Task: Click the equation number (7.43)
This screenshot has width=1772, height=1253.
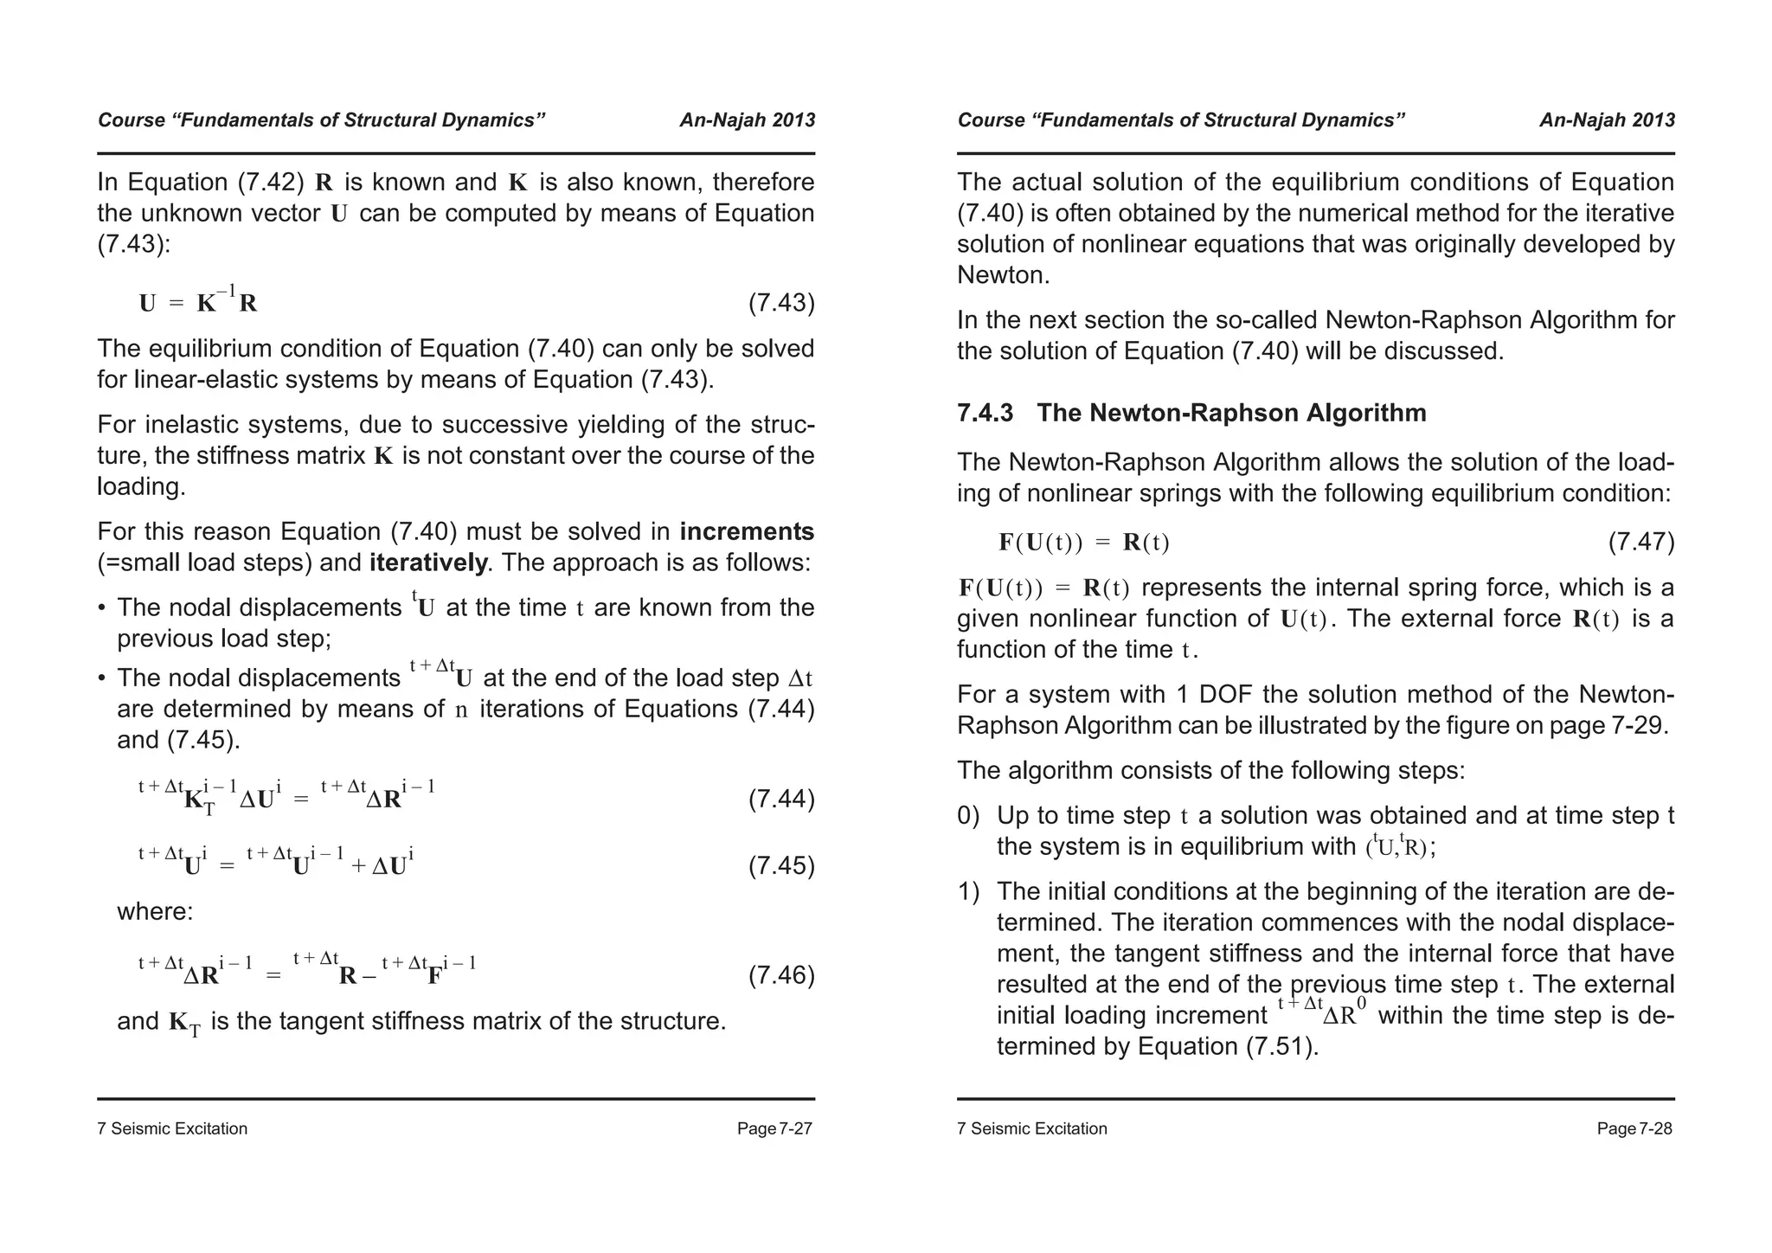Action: [780, 303]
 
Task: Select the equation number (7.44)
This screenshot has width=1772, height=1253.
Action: [780, 799]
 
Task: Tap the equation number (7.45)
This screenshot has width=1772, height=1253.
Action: [780, 865]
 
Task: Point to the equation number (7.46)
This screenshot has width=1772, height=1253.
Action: [780, 975]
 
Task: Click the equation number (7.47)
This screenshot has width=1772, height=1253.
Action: [1640, 543]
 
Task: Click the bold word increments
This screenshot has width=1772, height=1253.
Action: [747, 530]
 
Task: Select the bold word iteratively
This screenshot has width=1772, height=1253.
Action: [427, 562]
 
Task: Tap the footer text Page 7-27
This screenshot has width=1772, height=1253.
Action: [774, 1128]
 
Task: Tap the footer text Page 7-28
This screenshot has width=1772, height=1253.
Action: [1634, 1128]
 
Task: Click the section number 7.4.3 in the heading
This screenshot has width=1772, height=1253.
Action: [985, 413]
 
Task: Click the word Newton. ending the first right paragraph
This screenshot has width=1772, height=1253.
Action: [1003, 275]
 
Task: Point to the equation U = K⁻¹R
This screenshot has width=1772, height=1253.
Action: [198, 303]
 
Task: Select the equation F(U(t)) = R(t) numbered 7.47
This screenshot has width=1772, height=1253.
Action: [1083, 543]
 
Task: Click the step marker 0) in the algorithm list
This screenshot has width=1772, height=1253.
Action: [968, 815]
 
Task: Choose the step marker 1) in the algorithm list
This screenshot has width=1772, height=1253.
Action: [968, 890]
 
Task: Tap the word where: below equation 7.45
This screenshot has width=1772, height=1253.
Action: [155, 911]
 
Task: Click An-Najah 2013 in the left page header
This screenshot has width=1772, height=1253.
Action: [747, 120]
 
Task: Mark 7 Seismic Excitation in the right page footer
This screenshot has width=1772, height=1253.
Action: [1031, 1128]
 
